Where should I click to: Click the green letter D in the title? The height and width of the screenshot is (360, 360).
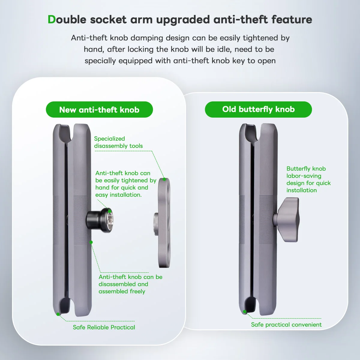coord(52,19)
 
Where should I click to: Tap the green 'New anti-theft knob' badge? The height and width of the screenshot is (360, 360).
coord(99,110)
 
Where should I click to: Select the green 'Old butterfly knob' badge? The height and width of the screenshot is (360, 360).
coord(258,109)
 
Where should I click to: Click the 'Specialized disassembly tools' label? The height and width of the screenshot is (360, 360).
coord(118,142)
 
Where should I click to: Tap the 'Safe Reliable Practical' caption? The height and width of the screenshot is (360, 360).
coord(104,327)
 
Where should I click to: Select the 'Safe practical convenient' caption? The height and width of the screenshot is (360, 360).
coord(286,325)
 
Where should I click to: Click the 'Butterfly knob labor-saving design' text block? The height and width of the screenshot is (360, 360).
coord(308,179)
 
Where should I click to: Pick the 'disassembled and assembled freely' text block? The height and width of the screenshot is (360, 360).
coord(130,284)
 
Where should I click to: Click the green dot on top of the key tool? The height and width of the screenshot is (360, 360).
coord(164,179)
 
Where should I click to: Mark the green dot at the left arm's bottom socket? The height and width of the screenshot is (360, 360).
coord(58,314)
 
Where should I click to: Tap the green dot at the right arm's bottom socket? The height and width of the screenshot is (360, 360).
coord(245,311)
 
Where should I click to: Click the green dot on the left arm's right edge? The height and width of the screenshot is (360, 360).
coord(91,242)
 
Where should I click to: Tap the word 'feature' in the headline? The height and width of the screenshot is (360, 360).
coord(292,19)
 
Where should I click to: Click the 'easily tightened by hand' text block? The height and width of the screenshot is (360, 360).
coord(126,184)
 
